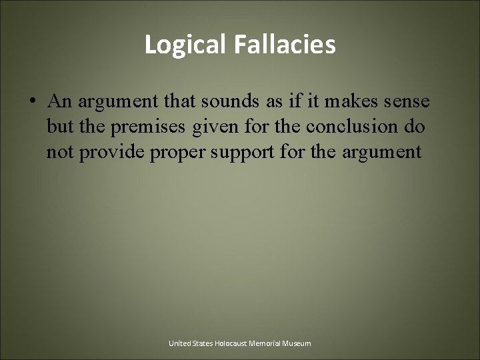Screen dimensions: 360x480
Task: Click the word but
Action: [x=58, y=127]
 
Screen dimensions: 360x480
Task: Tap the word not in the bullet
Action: [x=59, y=153]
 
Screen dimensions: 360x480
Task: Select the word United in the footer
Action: [x=180, y=343]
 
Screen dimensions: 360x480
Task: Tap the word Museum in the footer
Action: [x=297, y=343]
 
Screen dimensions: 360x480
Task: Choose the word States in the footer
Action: [x=203, y=343]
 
